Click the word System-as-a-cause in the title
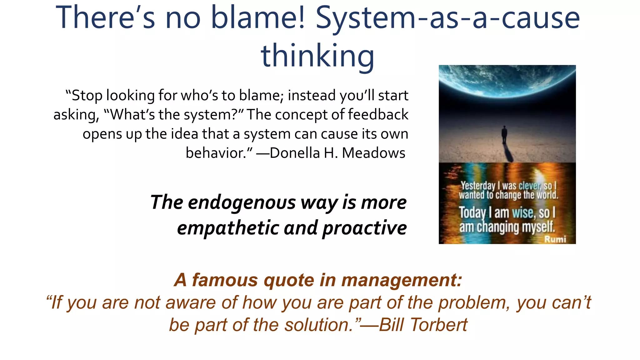(x=447, y=18)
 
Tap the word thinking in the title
(x=317, y=56)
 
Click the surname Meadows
(x=374, y=153)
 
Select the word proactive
(x=364, y=228)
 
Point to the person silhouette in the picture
(x=504, y=135)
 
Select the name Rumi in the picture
(x=555, y=239)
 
